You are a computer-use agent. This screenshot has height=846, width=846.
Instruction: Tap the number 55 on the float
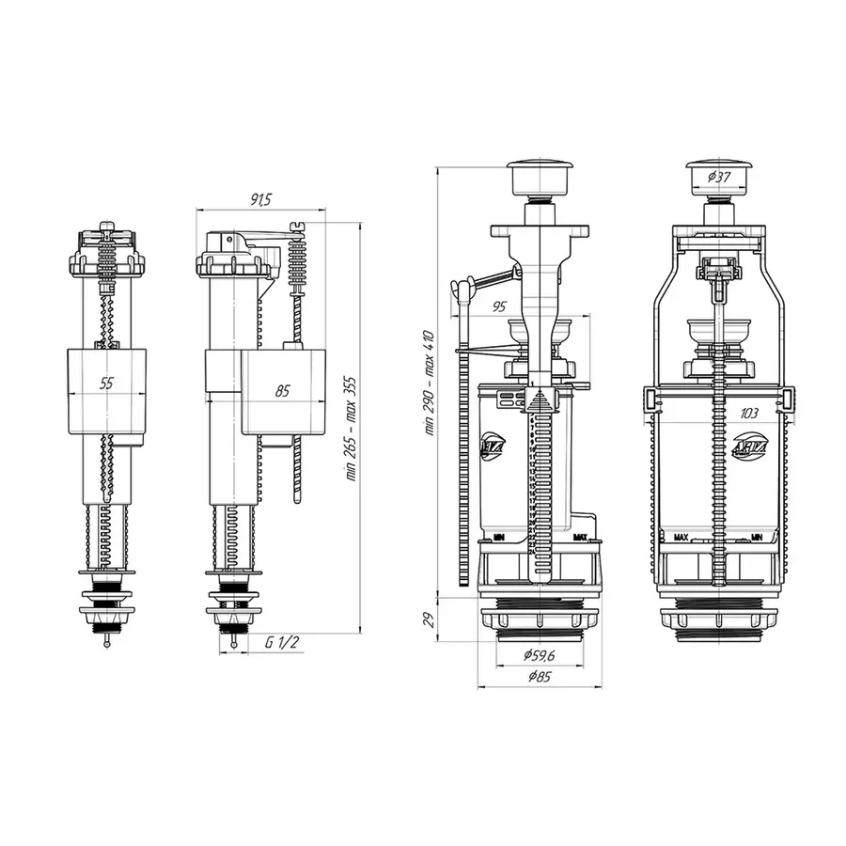[x=106, y=384]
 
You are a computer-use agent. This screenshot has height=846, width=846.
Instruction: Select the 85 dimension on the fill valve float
[x=283, y=391]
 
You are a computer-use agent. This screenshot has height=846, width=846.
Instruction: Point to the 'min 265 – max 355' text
[x=351, y=429]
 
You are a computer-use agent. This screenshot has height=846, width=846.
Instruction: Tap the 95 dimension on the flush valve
[x=499, y=306]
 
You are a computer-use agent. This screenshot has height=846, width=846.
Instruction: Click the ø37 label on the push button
[x=720, y=177]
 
